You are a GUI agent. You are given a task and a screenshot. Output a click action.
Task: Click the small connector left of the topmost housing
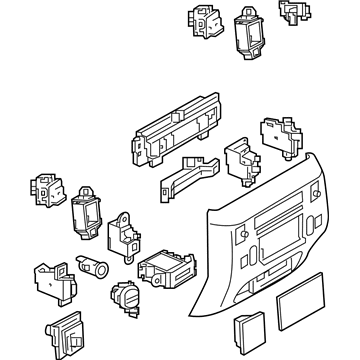tap(199, 22)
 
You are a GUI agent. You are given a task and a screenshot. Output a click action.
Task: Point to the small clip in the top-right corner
tap(293, 12)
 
